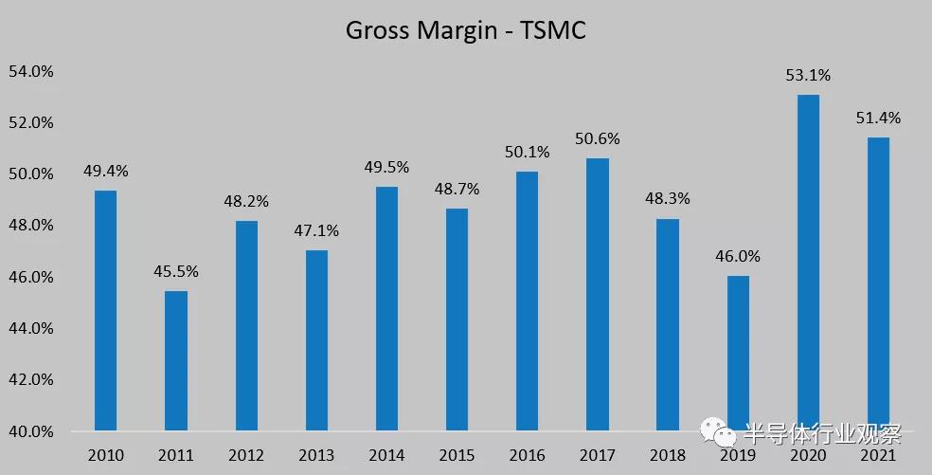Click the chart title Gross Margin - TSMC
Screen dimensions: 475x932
(x=465, y=30)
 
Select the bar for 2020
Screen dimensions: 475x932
(x=808, y=263)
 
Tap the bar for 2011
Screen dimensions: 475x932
(x=176, y=360)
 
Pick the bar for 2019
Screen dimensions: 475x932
(x=738, y=353)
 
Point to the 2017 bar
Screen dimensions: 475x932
(x=597, y=294)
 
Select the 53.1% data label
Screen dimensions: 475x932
(x=808, y=76)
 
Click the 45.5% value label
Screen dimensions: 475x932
(x=176, y=272)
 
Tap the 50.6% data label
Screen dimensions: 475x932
(x=597, y=139)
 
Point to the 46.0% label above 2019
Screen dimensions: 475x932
(x=738, y=257)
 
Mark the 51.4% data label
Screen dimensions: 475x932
(x=878, y=119)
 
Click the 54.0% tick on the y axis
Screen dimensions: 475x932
(x=30, y=71)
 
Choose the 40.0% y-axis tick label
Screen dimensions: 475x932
(x=30, y=431)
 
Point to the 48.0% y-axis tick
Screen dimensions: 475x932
(x=30, y=226)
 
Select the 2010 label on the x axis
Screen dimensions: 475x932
(x=106, y=455)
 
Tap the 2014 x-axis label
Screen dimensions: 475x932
(x=386, y=455)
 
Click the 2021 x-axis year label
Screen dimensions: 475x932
(x=878, y=455)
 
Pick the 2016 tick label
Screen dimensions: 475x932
(x=527, y=455)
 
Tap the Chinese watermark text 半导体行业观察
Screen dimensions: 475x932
(x=822, y=433)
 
